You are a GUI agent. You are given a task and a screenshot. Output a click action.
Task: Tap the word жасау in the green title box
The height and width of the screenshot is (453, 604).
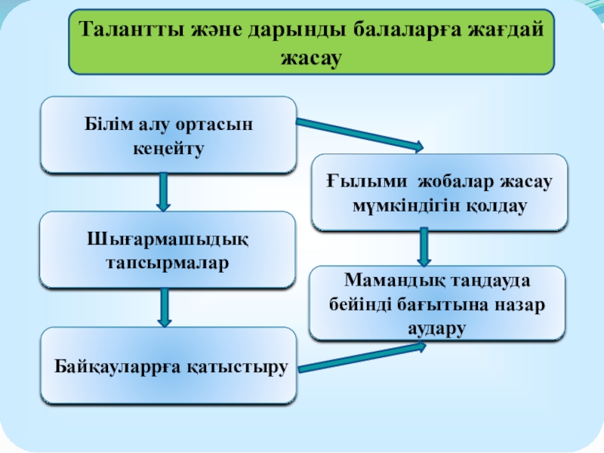pyautogui.click(x=312, y=57)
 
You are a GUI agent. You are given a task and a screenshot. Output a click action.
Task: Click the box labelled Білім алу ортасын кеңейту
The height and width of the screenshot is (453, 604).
pyautogui.click(x=168, y=134)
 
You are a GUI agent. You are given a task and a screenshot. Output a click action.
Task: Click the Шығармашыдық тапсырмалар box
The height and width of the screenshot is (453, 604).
pyautogui.click(x=168, y=250)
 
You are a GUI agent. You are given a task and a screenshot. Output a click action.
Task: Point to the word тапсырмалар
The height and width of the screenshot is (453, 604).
pyautogui.click(x=168, y=263)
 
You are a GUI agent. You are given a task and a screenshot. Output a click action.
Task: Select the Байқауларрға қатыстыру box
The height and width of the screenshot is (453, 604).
pyautogui.click(x=168, y=366)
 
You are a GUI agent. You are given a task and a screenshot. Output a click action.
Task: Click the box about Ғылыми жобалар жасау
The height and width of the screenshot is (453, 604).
pyautogui.click(x=439, y=192)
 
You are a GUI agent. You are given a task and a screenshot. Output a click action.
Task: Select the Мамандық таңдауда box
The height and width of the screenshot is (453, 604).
pyautogui.click(x=438, y=302)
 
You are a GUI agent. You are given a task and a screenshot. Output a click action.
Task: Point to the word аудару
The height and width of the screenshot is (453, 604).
pyautogui.click(x=438, y=328)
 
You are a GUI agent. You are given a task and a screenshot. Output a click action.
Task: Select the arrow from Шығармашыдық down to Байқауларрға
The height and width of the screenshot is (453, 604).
pyautogui.click(x=164, y=308)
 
